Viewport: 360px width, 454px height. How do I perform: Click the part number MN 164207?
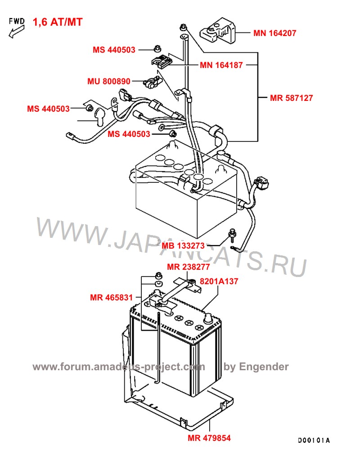274,33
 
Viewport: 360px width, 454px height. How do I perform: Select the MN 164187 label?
221,65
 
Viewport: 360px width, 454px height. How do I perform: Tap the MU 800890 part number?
108,82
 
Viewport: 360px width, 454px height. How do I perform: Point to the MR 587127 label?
292,97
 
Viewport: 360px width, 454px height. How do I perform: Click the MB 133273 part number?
183,246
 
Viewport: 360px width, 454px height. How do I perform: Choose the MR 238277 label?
188,267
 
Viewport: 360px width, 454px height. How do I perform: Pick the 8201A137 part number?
219,281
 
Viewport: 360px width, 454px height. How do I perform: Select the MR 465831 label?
111,297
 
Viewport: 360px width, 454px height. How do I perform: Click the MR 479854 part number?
209,438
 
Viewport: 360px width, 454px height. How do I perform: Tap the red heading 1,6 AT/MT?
58,22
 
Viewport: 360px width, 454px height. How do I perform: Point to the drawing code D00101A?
314,440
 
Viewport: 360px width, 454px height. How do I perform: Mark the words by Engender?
256,367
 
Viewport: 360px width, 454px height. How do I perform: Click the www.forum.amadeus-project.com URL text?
119,367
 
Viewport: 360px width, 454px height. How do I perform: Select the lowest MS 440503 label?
129,134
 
